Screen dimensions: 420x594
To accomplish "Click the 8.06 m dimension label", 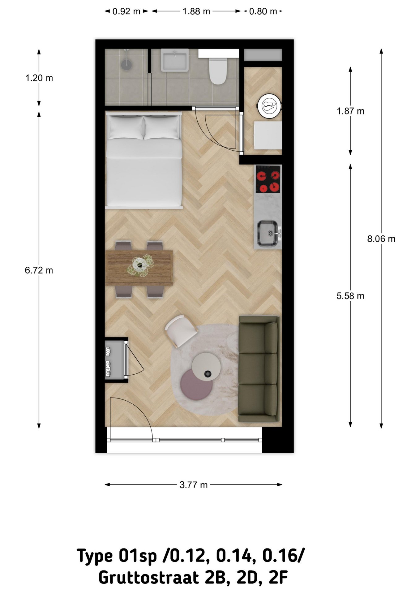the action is [381, 239].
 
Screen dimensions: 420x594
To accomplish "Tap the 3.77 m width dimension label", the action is [193, 485].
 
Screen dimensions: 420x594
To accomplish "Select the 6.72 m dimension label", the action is [39, 270].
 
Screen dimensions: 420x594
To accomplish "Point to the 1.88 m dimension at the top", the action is [196, 11].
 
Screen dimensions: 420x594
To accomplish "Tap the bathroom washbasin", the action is [175, 60].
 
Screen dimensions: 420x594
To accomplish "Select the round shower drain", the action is [126, 64].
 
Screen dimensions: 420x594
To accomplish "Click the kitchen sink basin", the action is [268, 234].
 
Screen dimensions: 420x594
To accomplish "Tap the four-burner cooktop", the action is [268, 179].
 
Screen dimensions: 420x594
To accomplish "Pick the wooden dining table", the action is [139, 268].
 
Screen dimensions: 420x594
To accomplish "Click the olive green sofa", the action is [259, 368].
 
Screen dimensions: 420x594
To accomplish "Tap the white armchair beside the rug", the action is [181, 331].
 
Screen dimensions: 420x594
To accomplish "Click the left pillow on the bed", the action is [126, 127].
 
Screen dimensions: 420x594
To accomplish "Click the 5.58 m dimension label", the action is [350, 296].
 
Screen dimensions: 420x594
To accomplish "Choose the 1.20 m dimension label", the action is [39, 78].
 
